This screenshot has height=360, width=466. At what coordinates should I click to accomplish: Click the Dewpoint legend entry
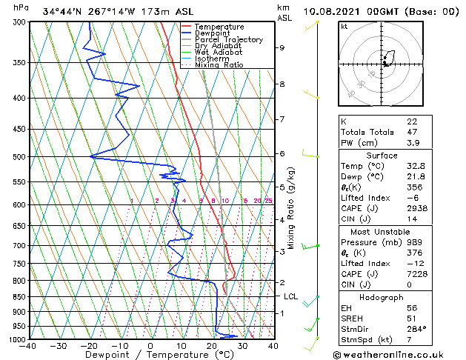pyautogui.click(x=213, y=33)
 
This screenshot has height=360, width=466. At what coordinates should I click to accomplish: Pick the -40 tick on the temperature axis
pyautogui.click(x=29, y=346)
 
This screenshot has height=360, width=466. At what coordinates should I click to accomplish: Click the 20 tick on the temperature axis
pyautogui.click(x=211, y=346)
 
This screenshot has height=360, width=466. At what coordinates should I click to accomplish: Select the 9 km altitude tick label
pyautogui.click(x=282, y=48)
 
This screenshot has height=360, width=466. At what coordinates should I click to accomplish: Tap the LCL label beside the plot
pyautogui.click(x=291, y=296)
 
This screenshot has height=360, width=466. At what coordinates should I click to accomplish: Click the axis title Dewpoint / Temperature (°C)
pyautogui.click(x=150, y=355)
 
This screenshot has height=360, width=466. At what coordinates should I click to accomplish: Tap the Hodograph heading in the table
pyautogui.click(x=382, y=297)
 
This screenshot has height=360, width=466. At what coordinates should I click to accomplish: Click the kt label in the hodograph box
pyautogui.click(x=344, y=26)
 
